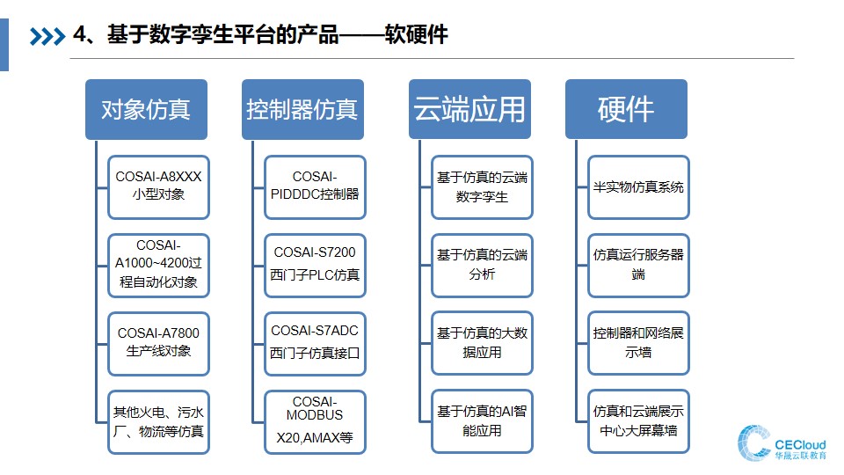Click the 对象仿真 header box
pos(146,109)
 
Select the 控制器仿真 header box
pos(302,109)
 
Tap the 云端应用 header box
pos(469,109)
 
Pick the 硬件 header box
pos(626,109)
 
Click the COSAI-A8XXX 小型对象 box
pos(158,187)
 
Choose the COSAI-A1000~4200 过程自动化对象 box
pos(158,266)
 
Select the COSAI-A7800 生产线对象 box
pos(158,344)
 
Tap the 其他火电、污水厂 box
pos(158,422)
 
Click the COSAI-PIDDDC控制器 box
pos(315,187)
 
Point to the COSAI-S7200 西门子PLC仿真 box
pos(315,266)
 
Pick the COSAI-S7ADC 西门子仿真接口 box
pos(315,344)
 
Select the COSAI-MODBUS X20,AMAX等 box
pos(315,422)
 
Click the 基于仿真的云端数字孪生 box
pos(482,187)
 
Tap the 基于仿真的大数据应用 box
pos(482,343)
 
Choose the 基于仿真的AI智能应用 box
pos(482,421)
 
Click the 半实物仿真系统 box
pos(638,187)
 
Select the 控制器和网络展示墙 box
pos(638,343)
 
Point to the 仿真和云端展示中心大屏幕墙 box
pos(638,421)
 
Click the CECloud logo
pos(782,443)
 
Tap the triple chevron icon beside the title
pos(47,37)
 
